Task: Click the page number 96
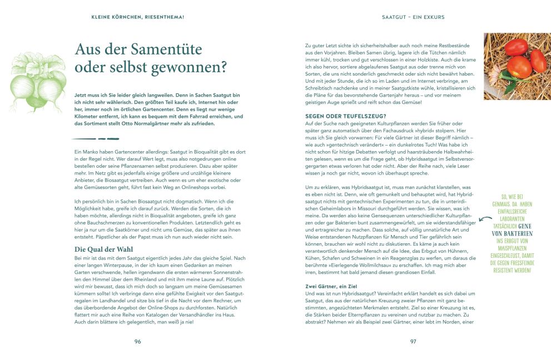pos(137,341)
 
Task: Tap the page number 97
pos(413,341)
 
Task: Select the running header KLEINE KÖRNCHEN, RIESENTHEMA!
pos(138,17)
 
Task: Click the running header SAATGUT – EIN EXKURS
pos(413,17)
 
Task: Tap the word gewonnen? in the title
pos(192,68)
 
